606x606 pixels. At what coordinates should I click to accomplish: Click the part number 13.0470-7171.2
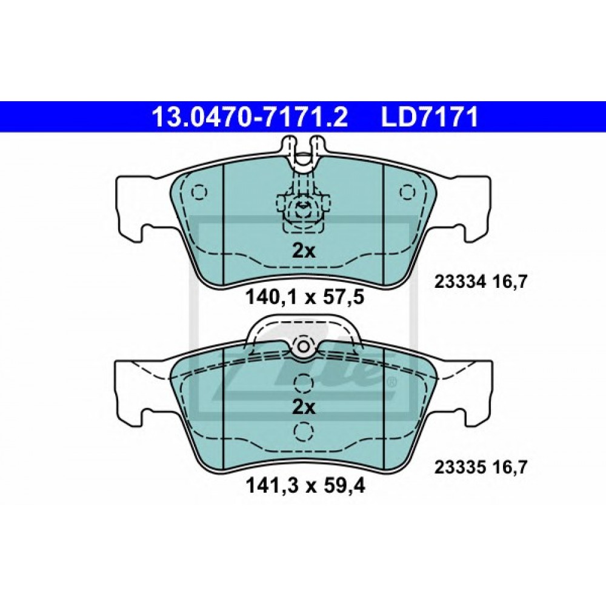click(x=249, y=117)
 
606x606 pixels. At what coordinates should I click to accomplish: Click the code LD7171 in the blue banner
click(x=430, y=117)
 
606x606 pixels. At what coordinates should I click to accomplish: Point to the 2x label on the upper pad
click(x=304, y=250)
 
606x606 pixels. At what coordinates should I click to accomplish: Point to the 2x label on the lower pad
click(x=304, y=407)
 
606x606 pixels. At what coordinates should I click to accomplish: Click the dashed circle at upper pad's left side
click(x=199, y=192)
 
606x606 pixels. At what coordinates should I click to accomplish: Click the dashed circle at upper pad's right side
click(x=407, y=192)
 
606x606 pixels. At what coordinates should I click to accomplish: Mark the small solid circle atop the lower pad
click(x=302, y=347)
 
